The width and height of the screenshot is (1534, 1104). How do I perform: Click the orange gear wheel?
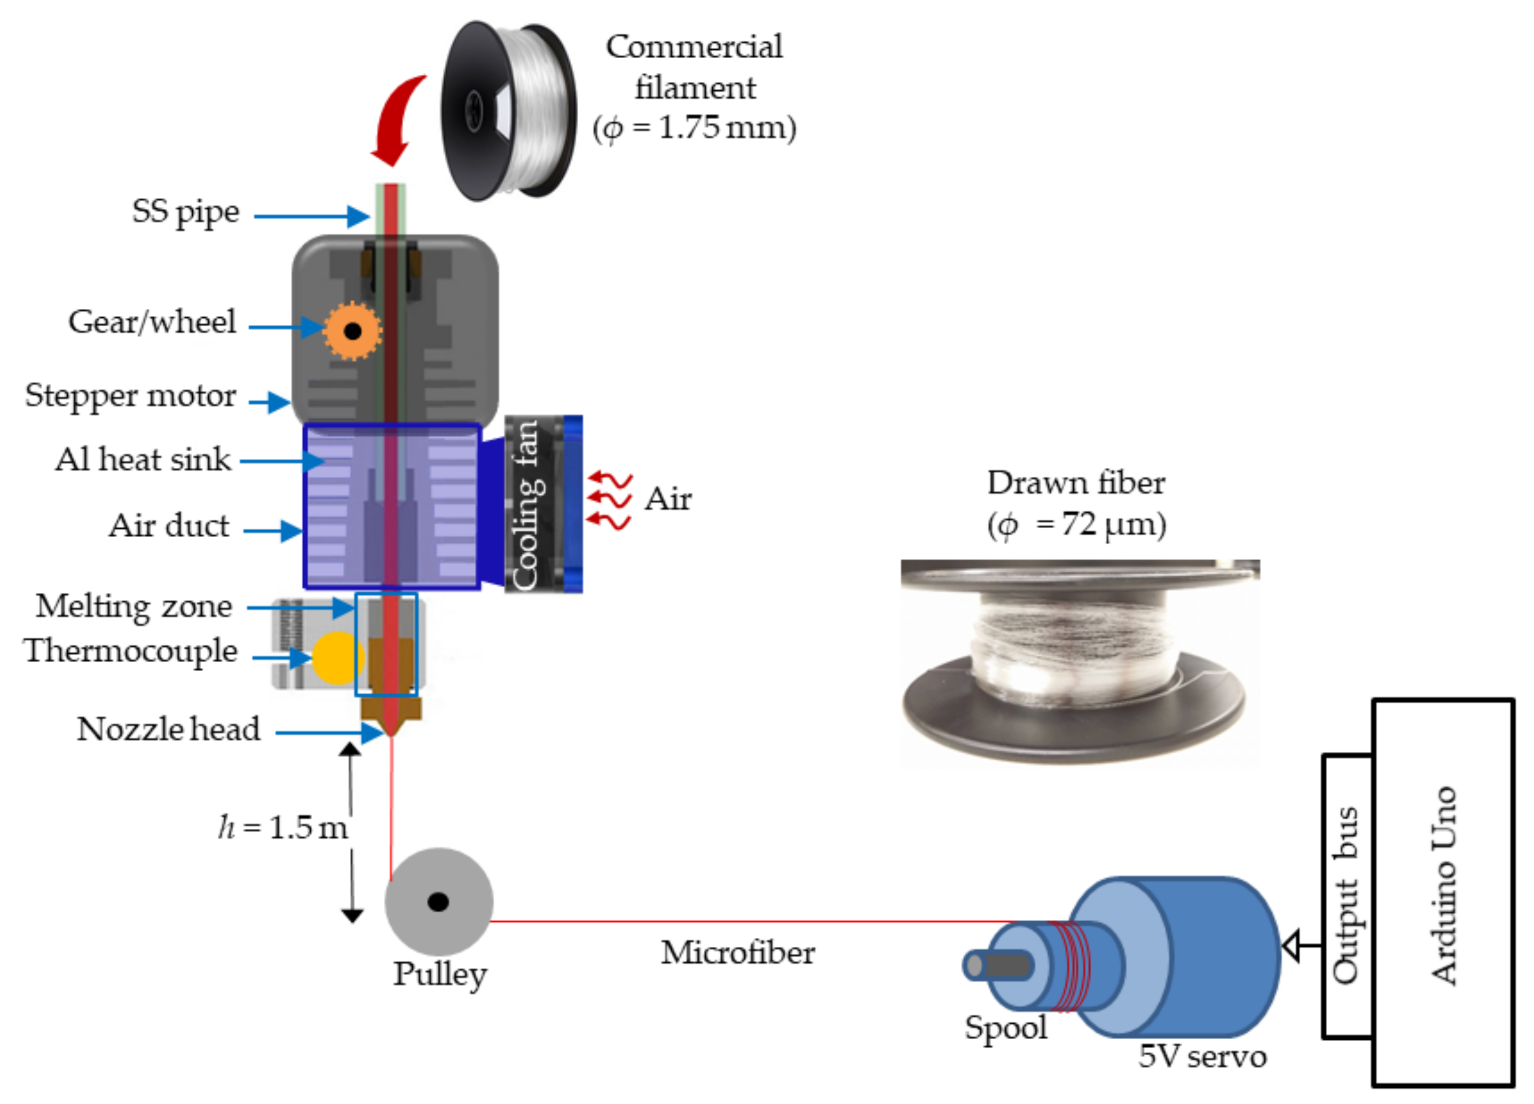point(352,331)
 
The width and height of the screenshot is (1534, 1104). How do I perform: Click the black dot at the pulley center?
point(438,902)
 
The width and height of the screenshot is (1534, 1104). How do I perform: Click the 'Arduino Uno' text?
point(1443,886)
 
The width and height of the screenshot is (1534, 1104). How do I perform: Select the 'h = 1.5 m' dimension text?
point(283,827)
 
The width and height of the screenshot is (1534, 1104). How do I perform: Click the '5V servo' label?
point(1202,1056)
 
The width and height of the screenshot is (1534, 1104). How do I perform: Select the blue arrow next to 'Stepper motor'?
point(269,402)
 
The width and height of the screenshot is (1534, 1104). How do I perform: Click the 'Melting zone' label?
point(134,606)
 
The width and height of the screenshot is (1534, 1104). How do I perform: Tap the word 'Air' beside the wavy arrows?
point(668,499)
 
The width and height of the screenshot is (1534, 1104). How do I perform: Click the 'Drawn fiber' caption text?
point(1075,483)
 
